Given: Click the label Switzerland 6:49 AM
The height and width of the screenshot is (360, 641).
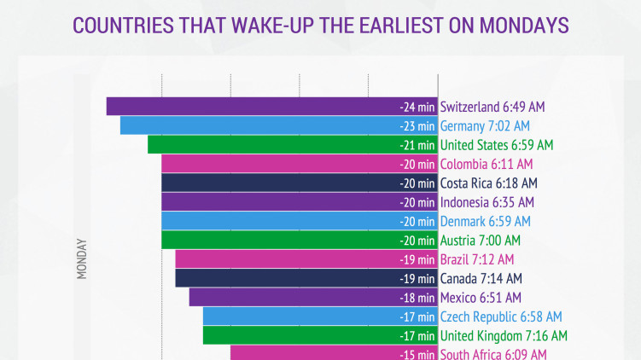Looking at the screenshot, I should (492, 107).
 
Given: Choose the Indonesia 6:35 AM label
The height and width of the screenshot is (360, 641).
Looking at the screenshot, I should (487, 202).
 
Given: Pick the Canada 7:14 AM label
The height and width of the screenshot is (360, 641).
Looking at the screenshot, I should (481, 278).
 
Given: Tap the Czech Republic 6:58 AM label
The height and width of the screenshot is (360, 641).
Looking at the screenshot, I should (501, 316).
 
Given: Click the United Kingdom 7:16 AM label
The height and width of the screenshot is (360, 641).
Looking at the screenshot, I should (504, 335).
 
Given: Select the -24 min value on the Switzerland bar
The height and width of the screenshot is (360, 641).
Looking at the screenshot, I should (417, 107).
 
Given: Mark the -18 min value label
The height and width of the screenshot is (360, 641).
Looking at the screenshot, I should (417, 298).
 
